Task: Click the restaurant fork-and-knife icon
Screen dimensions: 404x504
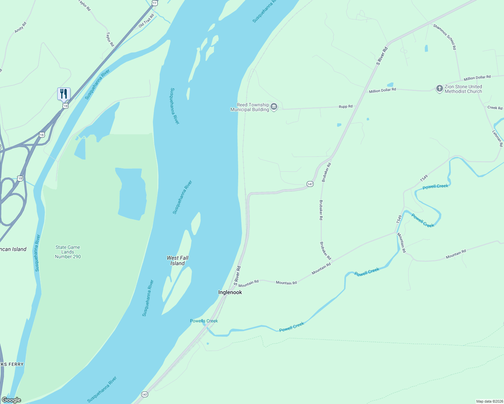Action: click(x=64, y=93)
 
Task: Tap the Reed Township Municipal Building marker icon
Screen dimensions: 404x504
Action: click(x=274, y=107)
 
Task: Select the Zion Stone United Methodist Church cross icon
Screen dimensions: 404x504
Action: click(x=439, y=89)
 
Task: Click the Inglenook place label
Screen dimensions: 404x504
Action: click(x=230, y=292)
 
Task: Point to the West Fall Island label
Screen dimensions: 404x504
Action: click(x=178, y=261)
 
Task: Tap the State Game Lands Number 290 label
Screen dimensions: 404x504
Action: click(x=68, y=252)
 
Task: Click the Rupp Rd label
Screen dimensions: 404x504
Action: click(x=346, y=106)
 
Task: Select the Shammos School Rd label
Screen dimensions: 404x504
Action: click(x=445, y=37)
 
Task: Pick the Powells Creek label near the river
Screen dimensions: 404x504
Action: click(x=204, y=321)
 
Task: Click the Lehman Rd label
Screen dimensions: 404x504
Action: click(x=498, y=138)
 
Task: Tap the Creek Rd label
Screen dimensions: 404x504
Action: click(x=495, y=108)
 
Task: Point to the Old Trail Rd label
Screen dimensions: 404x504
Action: click(x=146, y=21)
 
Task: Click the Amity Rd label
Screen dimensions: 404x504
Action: click(x=20, y=28)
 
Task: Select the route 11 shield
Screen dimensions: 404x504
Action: click(x=154, y=3)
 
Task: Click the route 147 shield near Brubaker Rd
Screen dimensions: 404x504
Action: click(x=310, y=184)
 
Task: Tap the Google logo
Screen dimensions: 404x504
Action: click(x=11, y=400)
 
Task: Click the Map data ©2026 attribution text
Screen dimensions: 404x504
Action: click(x=489, y=401)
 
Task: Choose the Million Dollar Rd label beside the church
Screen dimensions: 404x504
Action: click(x=477, y=78)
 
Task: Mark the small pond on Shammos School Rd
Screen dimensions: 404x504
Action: click(x=426, y=48)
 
